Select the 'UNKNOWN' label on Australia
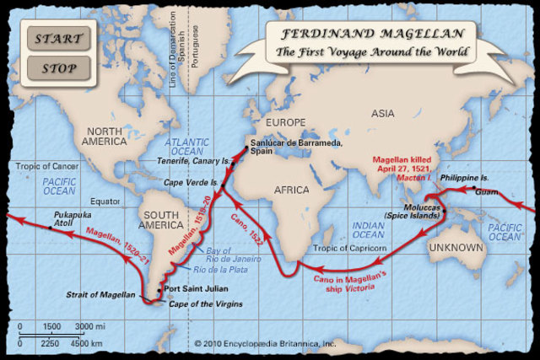coord(456,249)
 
